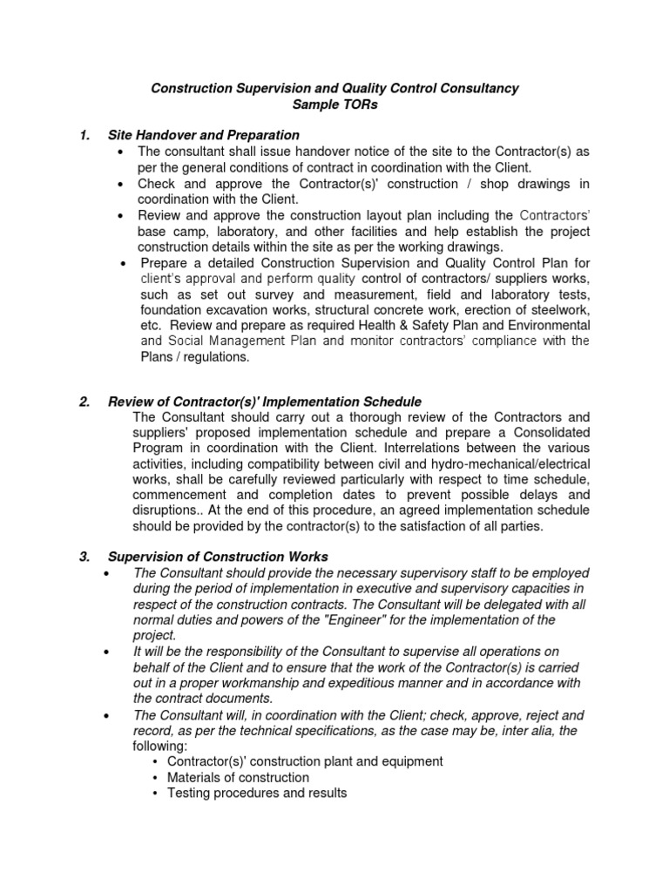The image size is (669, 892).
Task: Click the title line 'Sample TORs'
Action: click(335, 105)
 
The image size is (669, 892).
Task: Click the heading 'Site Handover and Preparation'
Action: click(204, 136)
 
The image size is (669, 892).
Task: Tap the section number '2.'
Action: click(84, 402)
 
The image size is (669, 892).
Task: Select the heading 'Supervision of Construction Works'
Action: click(218, 557)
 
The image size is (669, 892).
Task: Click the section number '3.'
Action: click(84, 557)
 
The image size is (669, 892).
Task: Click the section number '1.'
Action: click(84, 136)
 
